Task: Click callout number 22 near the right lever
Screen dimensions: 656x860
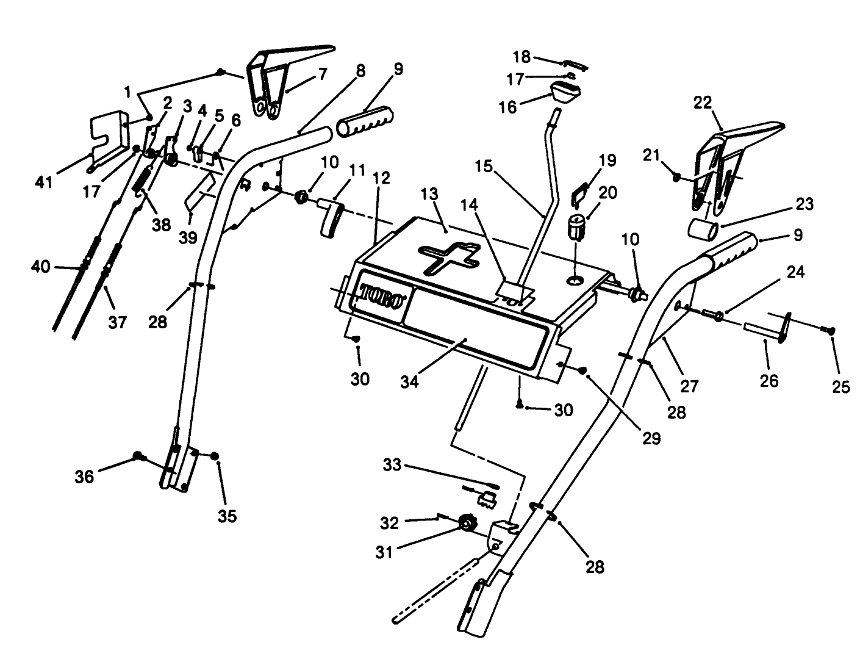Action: coord(703,103)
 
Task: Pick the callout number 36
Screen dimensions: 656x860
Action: coord(85,476)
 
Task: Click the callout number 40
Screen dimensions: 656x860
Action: coord(41,267)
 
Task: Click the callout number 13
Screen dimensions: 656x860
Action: coord(446,195)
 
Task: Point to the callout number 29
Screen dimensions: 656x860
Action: coord(652,438)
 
